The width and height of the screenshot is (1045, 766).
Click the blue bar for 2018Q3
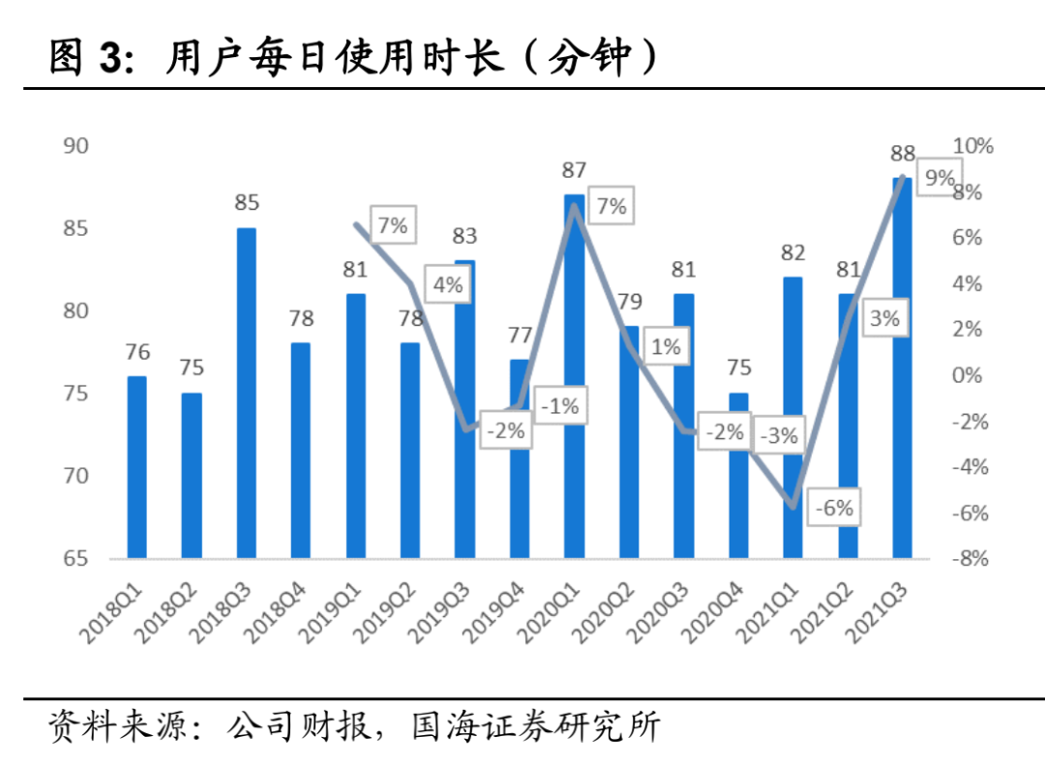tap(247, 393)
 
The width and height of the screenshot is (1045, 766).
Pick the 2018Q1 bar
tap(136, 466)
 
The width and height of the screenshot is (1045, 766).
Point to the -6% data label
tap(834, 507)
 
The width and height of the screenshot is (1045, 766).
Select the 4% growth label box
tap(447, 285)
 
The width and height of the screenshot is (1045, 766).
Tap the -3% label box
tap(779, 436)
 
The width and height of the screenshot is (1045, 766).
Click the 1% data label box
tap(666, 346)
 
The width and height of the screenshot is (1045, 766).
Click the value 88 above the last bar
tap(903, 153)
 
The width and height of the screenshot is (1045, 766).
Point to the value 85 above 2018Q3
tap(247, 203)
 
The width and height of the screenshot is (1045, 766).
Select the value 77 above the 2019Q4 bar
tap(521, 336)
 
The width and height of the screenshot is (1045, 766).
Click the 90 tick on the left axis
tap(75, 146)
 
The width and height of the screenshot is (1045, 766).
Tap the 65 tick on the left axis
tap(75, 558)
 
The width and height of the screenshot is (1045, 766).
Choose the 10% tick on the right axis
tap(972, 146)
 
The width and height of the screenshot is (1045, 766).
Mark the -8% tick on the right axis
tap(970, 558)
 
